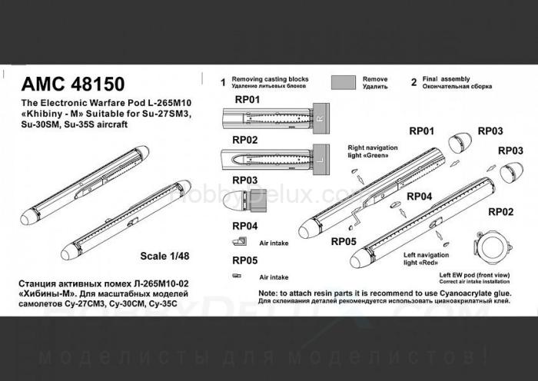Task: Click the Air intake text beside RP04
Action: pos(273,240)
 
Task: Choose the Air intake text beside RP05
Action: pos(273,277)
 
